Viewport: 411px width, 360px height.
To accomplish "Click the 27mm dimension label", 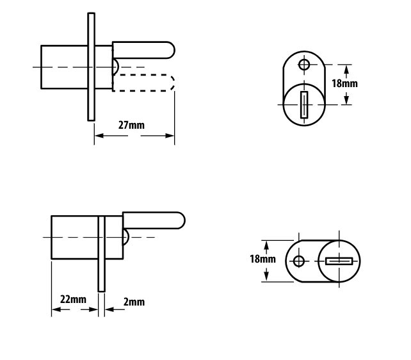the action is (131, 125).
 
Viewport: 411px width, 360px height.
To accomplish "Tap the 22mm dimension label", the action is (73, 299).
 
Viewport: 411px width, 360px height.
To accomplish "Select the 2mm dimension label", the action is (134, 302).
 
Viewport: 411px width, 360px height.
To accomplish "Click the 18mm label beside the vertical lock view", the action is (344, 83).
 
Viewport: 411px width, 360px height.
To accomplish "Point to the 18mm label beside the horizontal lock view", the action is (262, 259).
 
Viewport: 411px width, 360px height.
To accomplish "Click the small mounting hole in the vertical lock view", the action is (304, 64).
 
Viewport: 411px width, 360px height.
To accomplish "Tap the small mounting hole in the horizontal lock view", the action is (299, 261).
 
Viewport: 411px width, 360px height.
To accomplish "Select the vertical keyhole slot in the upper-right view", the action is (304, 105).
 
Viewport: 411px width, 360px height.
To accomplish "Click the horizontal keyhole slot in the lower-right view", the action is (339, 261).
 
